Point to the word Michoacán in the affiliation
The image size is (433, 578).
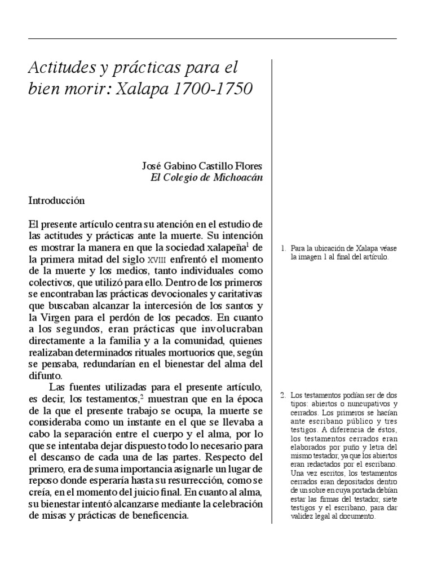[238, 177]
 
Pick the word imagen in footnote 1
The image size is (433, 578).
[304, 257]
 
